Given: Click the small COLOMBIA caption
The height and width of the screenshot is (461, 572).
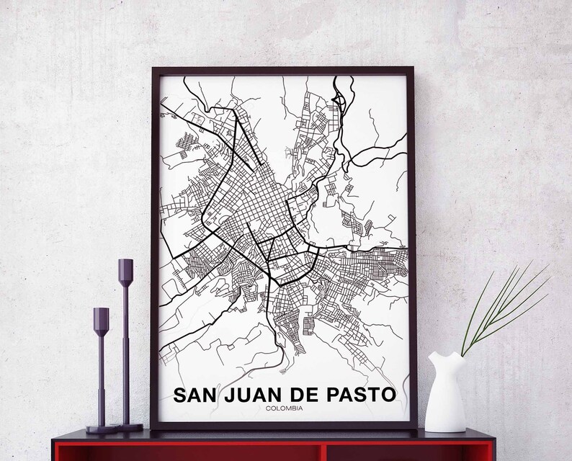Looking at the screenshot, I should pyautogui.click(x=283, y=410).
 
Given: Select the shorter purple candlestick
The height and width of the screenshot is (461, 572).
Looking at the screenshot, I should pyautogui.click(x=101, y=367).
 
